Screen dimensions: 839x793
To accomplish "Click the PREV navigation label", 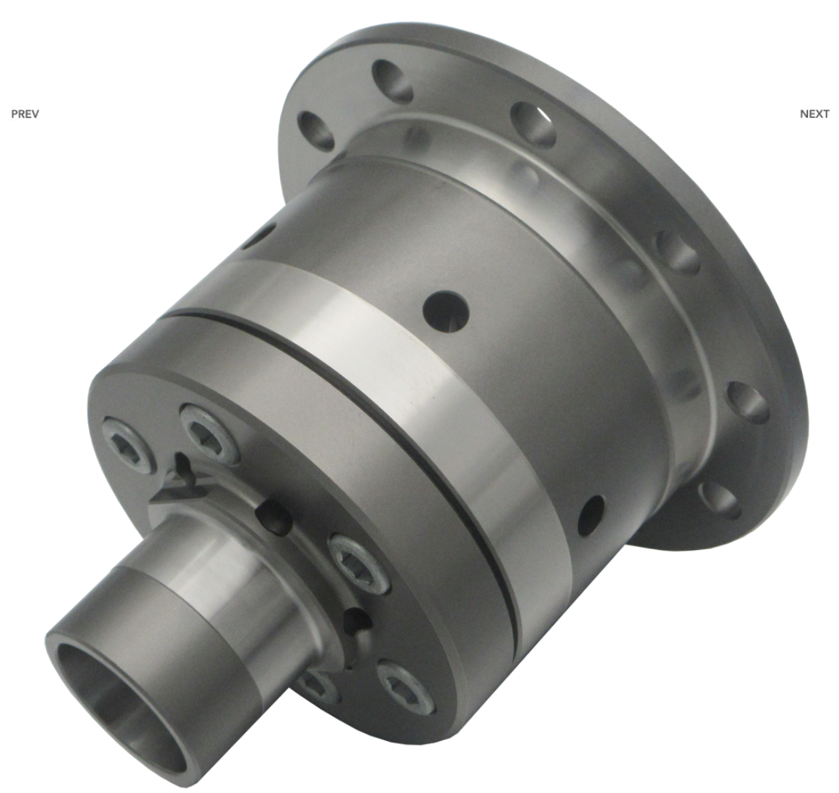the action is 25,114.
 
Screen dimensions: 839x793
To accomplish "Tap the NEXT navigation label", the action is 814,114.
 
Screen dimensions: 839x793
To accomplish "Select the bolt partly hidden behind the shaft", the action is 318,687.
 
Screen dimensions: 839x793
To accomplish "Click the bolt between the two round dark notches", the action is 358,564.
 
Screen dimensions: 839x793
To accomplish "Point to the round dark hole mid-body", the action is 446,312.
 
